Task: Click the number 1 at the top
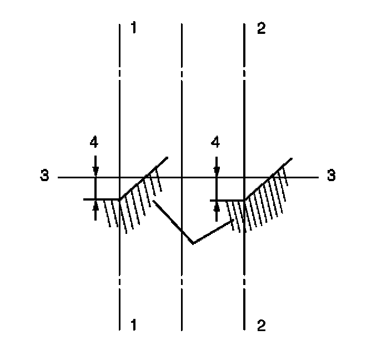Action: [x=133, y=28]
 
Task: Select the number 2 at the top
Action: [x=262, y=28]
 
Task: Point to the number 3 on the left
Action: [x=44, y=176]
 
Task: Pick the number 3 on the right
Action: [x=331, y=176]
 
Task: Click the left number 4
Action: [x=94, y=143]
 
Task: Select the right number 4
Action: [x=216, y=143]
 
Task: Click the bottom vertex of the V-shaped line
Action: [x=193, y=243]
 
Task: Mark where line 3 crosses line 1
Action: [x=120, y=177]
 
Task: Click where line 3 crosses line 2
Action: [x=245, y=177]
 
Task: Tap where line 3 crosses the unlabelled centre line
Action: [x=182, y=177]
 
